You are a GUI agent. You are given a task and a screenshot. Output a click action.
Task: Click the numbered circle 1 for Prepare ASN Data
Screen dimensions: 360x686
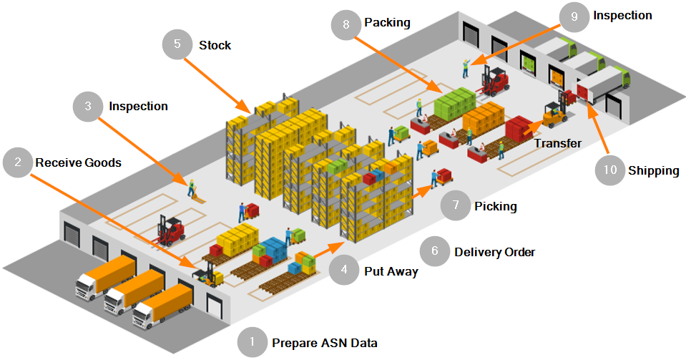point(252,343)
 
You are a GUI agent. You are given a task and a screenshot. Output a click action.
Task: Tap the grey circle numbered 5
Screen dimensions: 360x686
point(177,44)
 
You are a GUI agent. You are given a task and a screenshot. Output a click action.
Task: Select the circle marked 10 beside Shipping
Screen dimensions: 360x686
point(609,170)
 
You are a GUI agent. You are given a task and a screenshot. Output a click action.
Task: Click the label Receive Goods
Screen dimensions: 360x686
point(79,162)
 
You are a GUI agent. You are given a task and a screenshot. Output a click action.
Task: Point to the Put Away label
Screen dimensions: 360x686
point(391,271)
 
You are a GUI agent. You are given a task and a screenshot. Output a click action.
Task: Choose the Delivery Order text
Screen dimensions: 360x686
point(494,252)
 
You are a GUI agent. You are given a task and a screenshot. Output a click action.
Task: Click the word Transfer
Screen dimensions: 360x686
point(558,143)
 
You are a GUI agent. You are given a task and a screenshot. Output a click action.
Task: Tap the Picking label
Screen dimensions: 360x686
point(495,207)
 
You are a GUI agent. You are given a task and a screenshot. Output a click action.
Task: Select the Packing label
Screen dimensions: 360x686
point(387,23)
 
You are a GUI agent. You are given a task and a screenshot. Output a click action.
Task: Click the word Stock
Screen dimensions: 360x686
point(215,45)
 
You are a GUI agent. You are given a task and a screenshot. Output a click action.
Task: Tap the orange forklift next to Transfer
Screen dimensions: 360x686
point(554,113)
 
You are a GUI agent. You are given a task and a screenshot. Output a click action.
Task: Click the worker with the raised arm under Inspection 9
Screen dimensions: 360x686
point(466,67)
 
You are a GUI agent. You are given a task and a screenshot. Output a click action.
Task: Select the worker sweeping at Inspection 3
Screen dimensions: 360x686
point(192,188)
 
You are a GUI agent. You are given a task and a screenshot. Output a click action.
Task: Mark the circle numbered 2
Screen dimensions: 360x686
point(17,162)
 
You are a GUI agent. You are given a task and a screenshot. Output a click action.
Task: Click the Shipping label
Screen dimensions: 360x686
point(653,170)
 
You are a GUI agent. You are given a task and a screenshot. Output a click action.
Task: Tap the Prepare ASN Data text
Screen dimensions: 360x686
point(324,343)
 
